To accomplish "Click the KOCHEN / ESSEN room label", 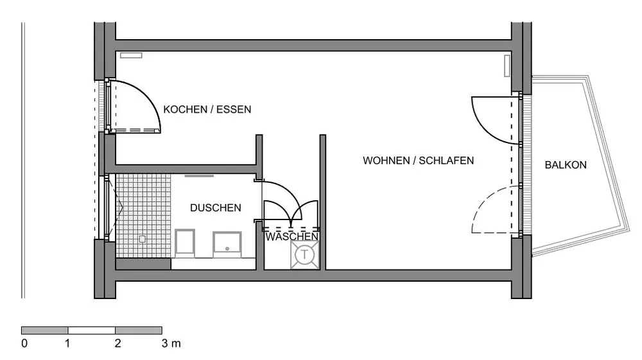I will click(207, 110).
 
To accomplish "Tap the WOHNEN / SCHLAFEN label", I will click(418, 160).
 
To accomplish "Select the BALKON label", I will click(566, 165).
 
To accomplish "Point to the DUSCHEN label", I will click(216, 208).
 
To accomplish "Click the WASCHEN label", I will click(292, 237).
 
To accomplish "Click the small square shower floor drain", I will click(142, 237).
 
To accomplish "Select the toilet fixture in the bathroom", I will click(186, 243).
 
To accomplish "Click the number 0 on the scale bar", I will click(24, 343).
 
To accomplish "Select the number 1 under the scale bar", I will click(68, 343).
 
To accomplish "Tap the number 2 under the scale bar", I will click(117, 343).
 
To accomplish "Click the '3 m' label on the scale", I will click(169, 343).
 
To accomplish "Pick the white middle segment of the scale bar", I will click(91, 330).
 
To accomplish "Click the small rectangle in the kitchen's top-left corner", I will click(131, 56).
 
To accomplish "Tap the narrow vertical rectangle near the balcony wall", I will click(507, 65).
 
